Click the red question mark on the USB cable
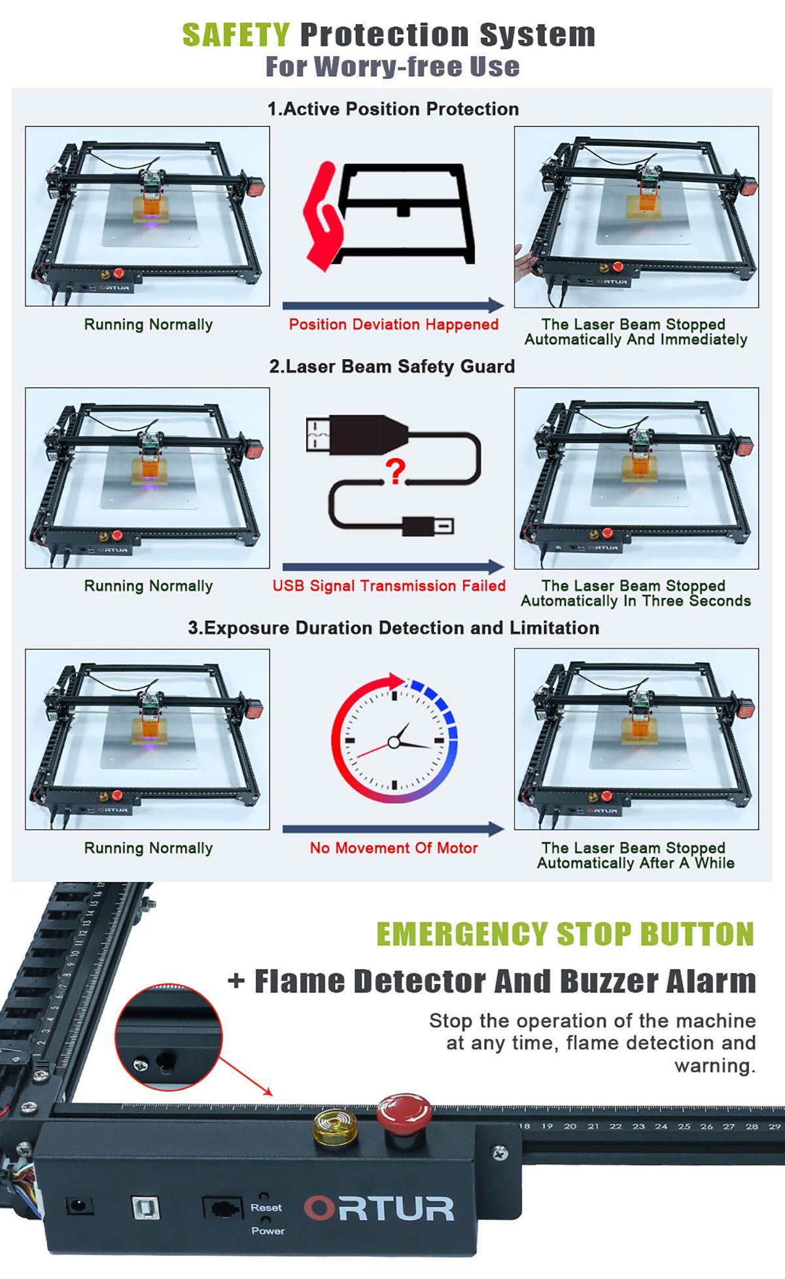(x=395, y=471)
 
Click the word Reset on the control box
(x=266, y=1208)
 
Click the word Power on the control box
(x=268, y=1231)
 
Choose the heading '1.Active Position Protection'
(x=393, y=109)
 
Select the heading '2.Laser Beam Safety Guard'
(x=392, y=366)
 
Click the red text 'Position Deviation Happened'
(x=394, y=324)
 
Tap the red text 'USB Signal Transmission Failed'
(x=389, y=586)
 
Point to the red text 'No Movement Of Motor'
(x=394, y=848)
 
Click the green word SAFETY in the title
(x=236, y=35)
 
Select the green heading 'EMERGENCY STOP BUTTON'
(x=565, y=934)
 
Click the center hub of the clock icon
(x=394, y=742)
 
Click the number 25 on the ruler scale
(x=684, y=1126)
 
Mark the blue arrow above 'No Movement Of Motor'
(x=393, y=829)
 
